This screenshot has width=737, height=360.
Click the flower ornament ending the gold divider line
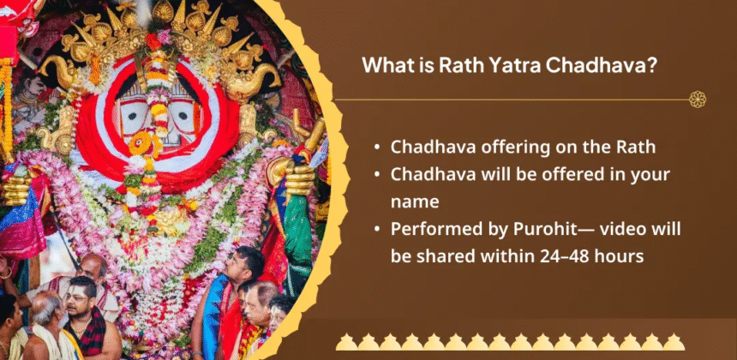(698, 99)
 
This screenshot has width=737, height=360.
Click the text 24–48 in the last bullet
(563, 256)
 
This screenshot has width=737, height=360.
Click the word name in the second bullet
(415, 202)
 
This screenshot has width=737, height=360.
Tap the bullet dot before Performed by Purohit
(377, 230)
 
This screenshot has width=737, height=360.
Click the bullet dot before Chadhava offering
(377, 147)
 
